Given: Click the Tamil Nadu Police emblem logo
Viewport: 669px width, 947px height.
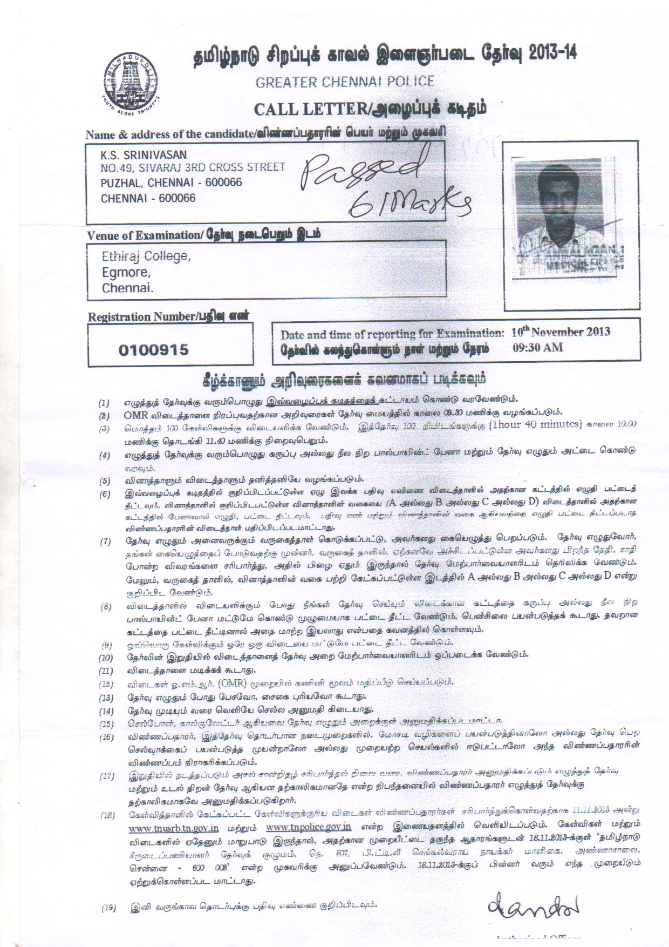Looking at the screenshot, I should (132, 78).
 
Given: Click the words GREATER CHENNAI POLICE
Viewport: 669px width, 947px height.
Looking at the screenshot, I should (345, 82).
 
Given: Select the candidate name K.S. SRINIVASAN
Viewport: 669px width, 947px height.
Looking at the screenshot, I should (140, 154).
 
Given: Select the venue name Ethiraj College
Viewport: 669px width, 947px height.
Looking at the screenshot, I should (146, 256).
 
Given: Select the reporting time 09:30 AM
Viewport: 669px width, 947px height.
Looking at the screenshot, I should (537, 348).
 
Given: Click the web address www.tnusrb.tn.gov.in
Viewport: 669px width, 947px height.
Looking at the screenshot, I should (173, 827).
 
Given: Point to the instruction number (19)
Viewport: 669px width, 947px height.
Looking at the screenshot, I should (109, 908).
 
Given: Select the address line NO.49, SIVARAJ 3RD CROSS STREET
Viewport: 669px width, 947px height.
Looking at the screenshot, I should (193, 168).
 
